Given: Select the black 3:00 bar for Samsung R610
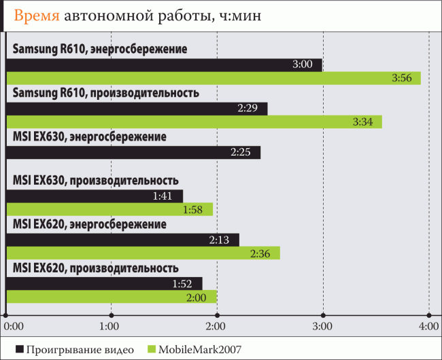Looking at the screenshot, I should pyautogui.click(x=163, y=65).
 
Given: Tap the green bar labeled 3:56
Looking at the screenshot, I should pyautogui.click(x=213, y=79).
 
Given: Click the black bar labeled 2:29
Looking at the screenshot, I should pyautogui.click(x=136, y=108).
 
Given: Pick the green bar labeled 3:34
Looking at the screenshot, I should pyautogui.click(x=194, y=122).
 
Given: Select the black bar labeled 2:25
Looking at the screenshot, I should pyautogui.click(x=133, y=152).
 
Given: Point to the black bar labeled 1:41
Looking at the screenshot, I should pyautogui.click(x=94, y=196).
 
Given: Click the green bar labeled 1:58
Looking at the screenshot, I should pyautogui.click(x=109, y=209).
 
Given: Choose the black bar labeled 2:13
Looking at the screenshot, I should pyautogui.click(x=122, y=239).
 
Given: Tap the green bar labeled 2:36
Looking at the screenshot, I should pyautogui.click(x=143, y=253).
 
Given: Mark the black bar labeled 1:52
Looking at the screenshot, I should pyautogui.click(x=104, y=283).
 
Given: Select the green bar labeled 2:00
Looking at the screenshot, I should pyautogui.click(x=111, y=297).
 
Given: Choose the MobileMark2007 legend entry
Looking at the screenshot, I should pyautogui.click(x=194, y=349).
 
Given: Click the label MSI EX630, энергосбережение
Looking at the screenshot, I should pyautogui.click(x=89, y=137).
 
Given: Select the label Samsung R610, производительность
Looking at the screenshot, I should pyautogui.click(x=105, y=93).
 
